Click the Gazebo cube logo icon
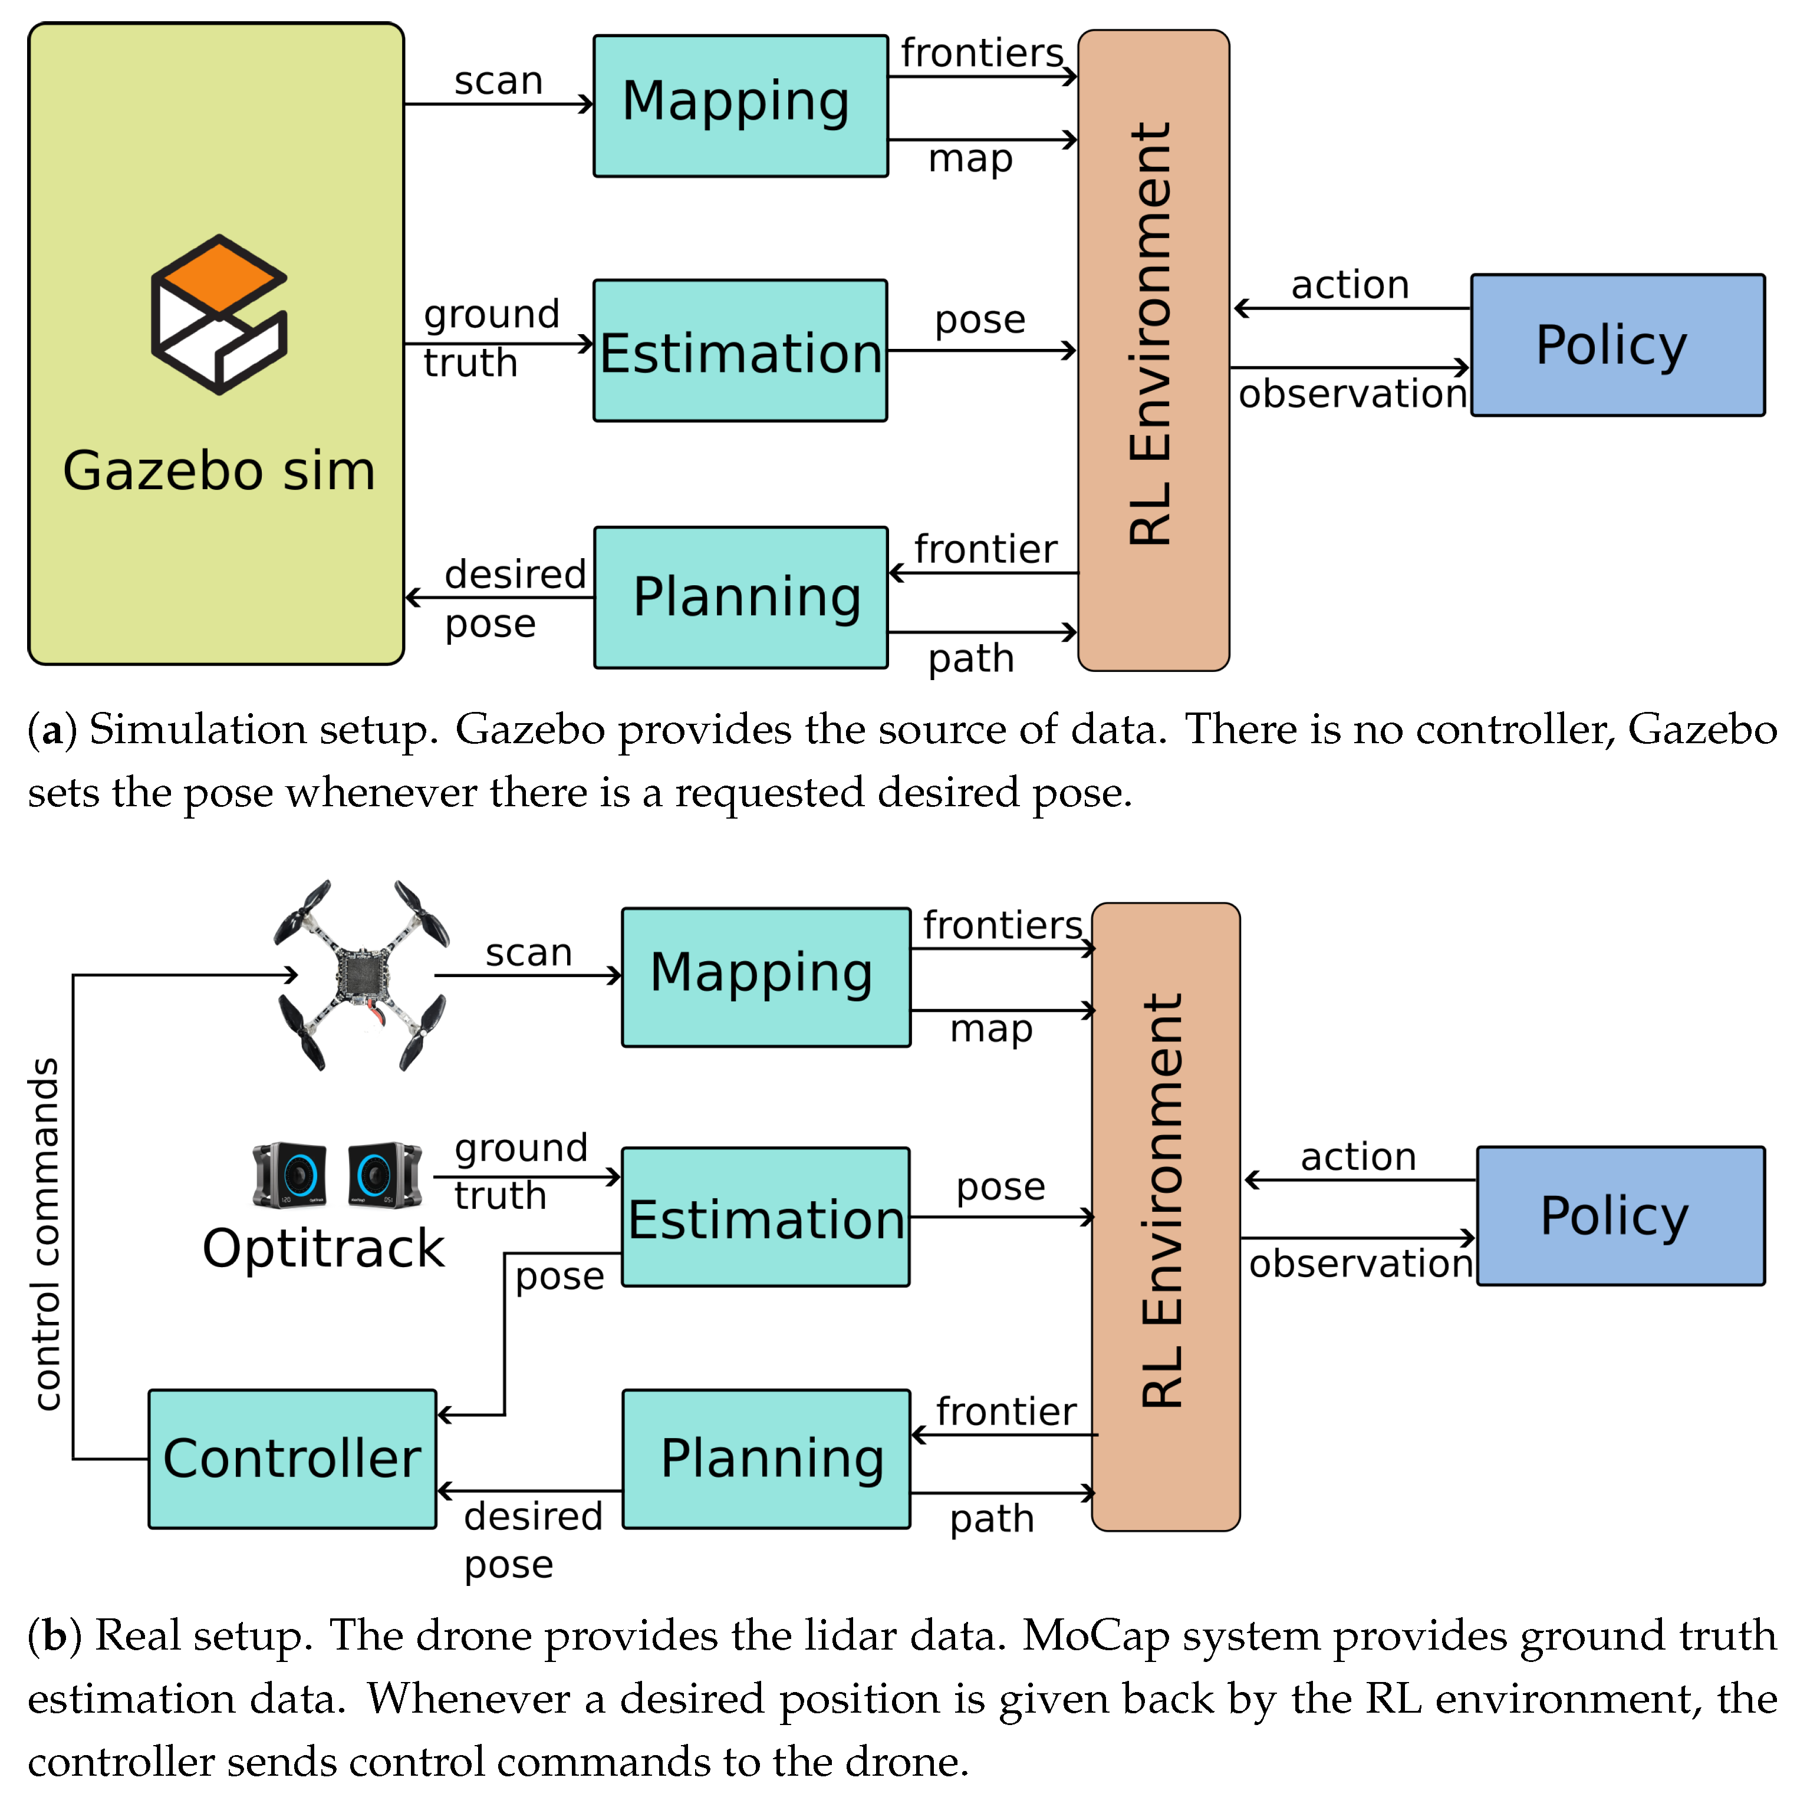click(x=219, y=314)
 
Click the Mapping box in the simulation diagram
click(x=740, y=105)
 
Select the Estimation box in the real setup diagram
click(x=765, y=1218)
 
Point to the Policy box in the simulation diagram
click(x=1618, y=345)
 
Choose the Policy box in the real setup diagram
click(x=1620, y=1216)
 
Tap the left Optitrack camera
click(x=289, y=1175)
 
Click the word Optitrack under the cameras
click(x=324, y=1248)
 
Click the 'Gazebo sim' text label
click(x=219, y=470)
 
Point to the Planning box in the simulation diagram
click(x=740, y=597)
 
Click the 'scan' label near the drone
click(x=528, y=952)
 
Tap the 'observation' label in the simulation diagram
click(x=1352, y=394)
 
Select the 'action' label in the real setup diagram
click(x=1358, y=1157)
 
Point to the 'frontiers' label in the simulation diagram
click(x=981, y=53)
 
